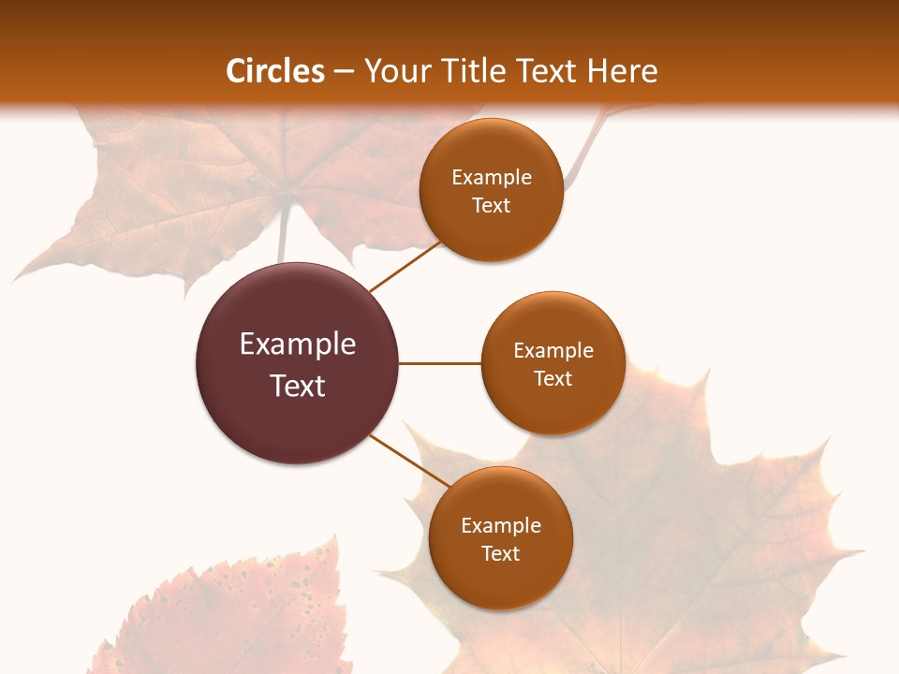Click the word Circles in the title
[274, 71]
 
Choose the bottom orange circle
[501, 580]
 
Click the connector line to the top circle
[405, 266]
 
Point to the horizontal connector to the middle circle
[440, 363]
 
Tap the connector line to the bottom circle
[410, 460]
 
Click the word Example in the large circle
[298, 344]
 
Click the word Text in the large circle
[298, 386]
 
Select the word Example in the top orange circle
[492, 177]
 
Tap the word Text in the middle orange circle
[553, 378]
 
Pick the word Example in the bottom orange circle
[501, 525]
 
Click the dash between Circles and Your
[344, 71]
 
